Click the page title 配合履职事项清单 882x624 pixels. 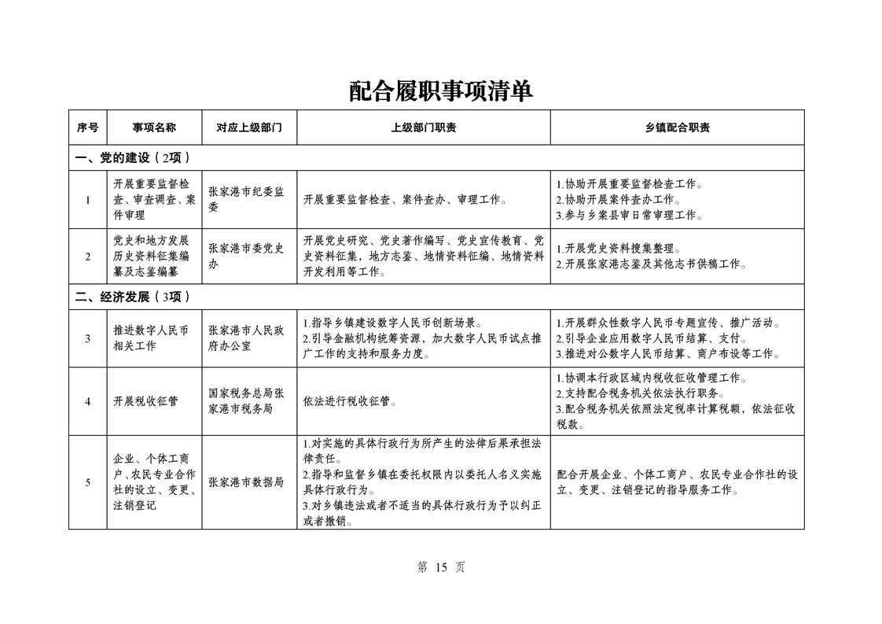(x=441, y=91)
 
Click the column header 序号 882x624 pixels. (x=88, y=127)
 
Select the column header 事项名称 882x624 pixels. (x=153, y=127)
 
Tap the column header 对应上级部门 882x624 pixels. (x=249, y=127)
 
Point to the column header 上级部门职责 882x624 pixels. (x=423, y=127)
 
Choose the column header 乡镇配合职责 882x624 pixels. (x=677, y=127)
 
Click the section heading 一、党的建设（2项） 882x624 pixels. (x=133, y=157)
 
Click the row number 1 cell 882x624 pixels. (x=88, y=199)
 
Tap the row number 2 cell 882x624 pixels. (x=88, y=257)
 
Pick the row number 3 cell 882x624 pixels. (x=88, y=338)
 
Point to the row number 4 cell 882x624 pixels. (x=88, y=401)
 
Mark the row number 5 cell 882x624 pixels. (x=88, y=482)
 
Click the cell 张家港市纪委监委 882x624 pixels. (x=246, y=199)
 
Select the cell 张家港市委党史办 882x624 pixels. (x=246, y=257)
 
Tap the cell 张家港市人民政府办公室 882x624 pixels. (x=246, y=338)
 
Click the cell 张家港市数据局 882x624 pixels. (x=246, y=482)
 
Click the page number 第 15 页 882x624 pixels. (x=440, y=567)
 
